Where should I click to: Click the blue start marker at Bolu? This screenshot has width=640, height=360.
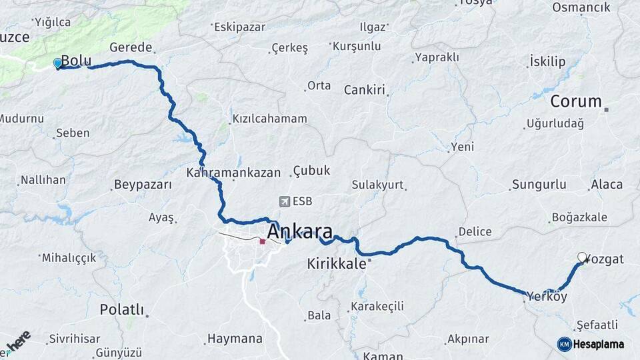coord(57,64)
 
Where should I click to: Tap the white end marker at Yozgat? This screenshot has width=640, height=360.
coord(582,257)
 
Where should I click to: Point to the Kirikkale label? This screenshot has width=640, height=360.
coord(337,263)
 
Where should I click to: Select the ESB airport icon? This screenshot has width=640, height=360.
coord(285,201)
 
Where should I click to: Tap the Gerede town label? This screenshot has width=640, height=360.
coord(131,48)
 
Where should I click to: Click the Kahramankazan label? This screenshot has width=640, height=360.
coord(233,172)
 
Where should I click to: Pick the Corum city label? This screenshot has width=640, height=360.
coord(575,102)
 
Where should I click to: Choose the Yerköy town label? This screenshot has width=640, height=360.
coord(546,296)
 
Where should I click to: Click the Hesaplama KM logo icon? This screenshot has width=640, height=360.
coord(564,344)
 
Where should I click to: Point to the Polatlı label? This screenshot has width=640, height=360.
coord(121,309)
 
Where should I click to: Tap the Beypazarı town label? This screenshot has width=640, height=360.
coord(143,185)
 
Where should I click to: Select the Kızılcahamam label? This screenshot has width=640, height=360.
coord(269,119)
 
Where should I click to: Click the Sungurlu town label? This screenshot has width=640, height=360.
coord(539,185)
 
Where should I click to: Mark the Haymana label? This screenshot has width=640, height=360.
coord(235,339)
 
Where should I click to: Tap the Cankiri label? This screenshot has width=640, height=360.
coord(365,89)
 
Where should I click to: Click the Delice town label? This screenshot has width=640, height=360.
coord(475,232)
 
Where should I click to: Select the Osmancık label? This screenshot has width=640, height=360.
coord(581,7)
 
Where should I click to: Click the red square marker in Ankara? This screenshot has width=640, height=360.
coord(262,241)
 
